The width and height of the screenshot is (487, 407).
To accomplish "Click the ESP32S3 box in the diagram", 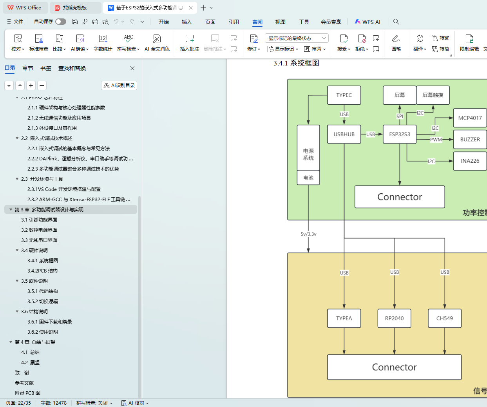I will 399,134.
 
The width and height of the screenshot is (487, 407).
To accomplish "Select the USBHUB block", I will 344,134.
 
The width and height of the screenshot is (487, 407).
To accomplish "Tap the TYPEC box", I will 344,95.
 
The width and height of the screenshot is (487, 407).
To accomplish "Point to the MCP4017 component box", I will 470,118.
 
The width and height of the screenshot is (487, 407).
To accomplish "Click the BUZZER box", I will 470,139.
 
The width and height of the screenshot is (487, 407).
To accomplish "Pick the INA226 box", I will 470,161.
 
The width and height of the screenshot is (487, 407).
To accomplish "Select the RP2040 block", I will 394,318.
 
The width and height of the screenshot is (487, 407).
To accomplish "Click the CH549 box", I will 444,318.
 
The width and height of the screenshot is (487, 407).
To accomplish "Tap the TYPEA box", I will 344,318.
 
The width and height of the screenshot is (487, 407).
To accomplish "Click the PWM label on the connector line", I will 436,140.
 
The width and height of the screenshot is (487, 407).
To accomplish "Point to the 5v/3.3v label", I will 308,234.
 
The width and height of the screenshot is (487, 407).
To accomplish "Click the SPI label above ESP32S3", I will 400,116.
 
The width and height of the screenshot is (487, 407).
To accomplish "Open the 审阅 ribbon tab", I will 257,22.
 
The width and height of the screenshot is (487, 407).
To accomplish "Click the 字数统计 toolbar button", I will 103,42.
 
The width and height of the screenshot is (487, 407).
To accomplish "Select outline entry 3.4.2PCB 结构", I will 42,271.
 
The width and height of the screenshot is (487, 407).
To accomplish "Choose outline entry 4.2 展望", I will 30,362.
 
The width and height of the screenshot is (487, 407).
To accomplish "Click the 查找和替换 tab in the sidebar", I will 72,68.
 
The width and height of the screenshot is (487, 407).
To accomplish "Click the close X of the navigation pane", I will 132,68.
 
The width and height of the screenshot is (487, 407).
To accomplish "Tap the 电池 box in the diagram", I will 308,178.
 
